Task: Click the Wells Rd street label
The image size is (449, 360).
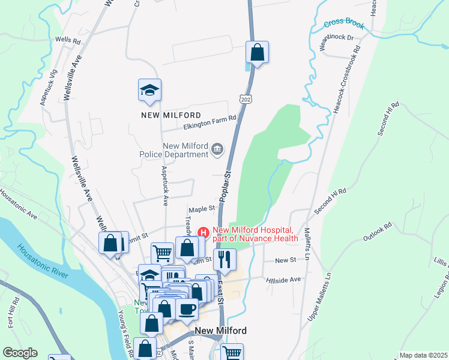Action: pos(68,41)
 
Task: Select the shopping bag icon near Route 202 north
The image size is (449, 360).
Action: pos(257,52)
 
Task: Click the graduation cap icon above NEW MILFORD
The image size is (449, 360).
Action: pos(149,91)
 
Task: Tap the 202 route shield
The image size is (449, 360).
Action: pos(245,98)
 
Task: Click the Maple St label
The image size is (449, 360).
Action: pos(202,209)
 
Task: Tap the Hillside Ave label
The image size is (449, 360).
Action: pos(287,280)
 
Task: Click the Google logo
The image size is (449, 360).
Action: pos(20,353)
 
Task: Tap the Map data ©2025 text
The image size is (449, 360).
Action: pos(423,355)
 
